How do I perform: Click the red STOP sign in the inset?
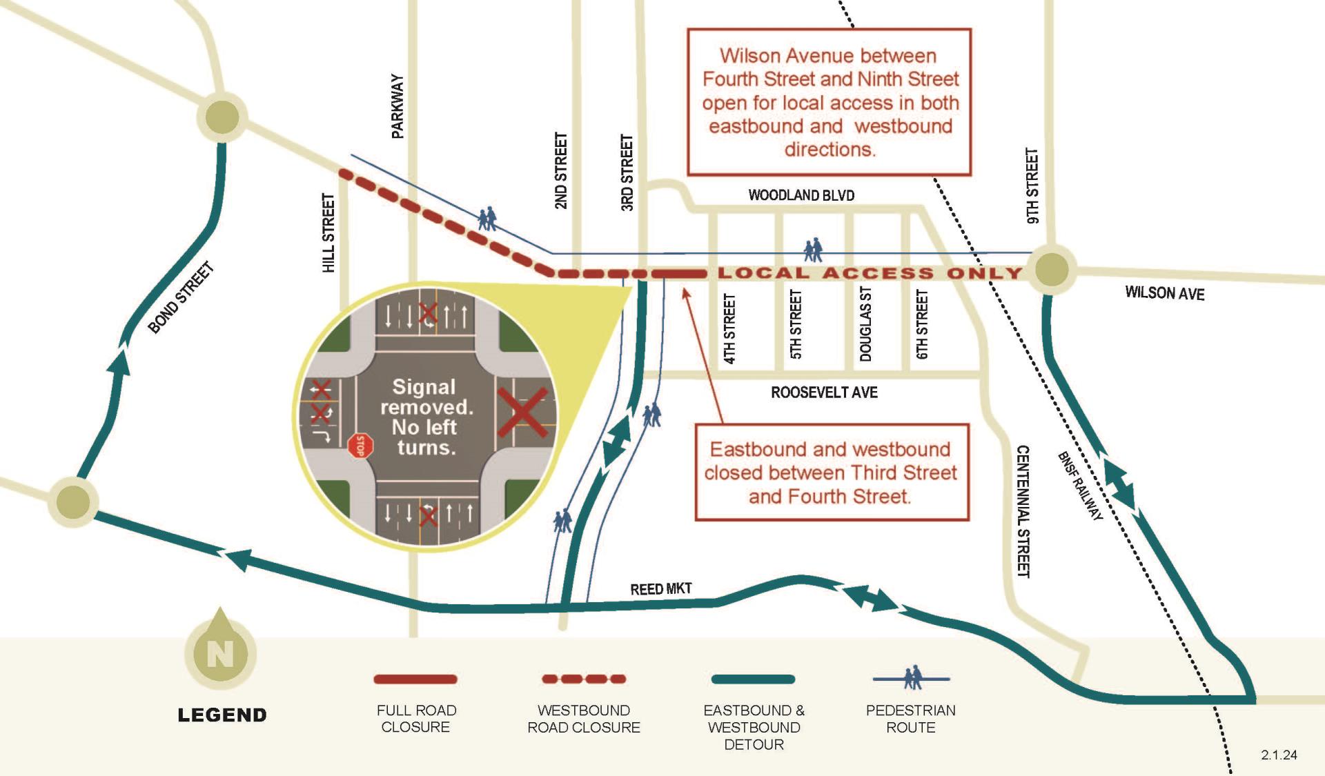tap(360, 446)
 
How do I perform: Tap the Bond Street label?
tap(181, 298)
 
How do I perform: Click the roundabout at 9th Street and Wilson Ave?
tap(1051, 269)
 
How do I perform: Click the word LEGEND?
tap(222, 715)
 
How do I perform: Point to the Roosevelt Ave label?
tap(824, 392)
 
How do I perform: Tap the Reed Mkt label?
tap(660, 588)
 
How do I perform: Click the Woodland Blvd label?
tap(801, 195)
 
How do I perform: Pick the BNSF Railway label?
tap(1080, 486)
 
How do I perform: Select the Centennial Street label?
tap(1023, 510)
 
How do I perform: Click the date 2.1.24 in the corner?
tap(1279, 755)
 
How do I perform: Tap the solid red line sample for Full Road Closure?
tap(415, 679)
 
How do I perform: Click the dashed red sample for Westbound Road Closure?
tap(584, 679)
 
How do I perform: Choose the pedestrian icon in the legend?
tap(912, 678)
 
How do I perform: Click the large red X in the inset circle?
tap(522, 412)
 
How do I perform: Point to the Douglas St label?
tap(865, 324)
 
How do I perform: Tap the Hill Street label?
tap(328, 232)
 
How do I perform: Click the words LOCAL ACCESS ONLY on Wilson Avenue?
tap(870, 273)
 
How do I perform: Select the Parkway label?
tap(397, 106)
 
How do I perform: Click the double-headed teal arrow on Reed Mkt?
tap(870, 598)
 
